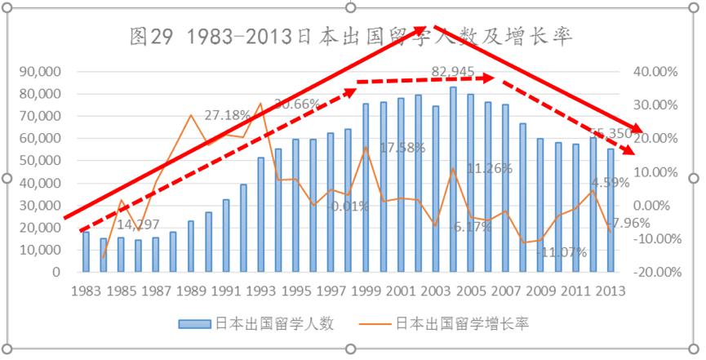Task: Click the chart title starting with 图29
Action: (x=352, y=37)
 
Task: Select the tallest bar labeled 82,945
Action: (x=453, y=180)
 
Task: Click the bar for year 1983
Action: (x=86, y=251)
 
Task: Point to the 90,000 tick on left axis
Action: (x=39, y=72)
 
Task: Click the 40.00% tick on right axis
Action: (x=655, y=72)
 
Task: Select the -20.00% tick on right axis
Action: (x=655, y=273)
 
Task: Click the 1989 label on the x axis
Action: (x=191, y=291)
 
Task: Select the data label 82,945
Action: (x=451, y=73)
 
